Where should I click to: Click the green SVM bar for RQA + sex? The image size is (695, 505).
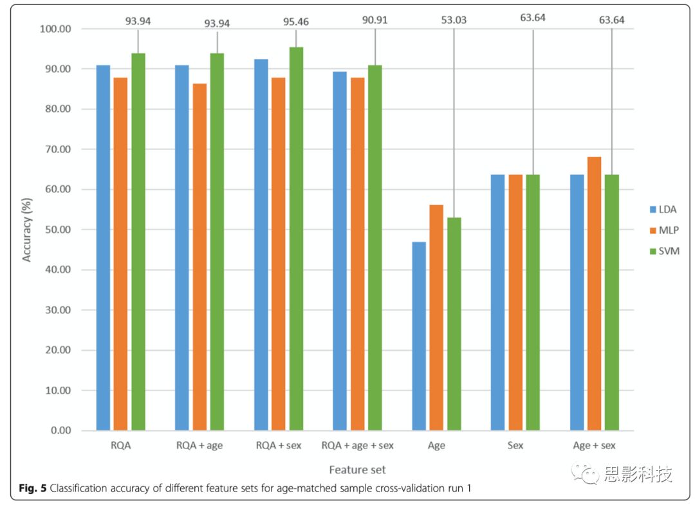tap(296, 238)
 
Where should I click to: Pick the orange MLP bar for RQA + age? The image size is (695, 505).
tap(199, 257)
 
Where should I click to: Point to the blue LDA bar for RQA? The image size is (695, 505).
tap(103, 248)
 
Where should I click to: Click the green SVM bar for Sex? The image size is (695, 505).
tap(533, 302)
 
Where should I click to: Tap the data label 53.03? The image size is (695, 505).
tap(454, 21)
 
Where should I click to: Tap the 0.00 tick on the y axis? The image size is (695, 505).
tap(60, 430)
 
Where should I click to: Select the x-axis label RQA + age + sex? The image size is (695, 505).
tap(357, 445)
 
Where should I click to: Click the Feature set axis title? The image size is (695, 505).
tap(357, 470)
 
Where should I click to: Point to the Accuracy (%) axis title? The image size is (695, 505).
tap(27, 230)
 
